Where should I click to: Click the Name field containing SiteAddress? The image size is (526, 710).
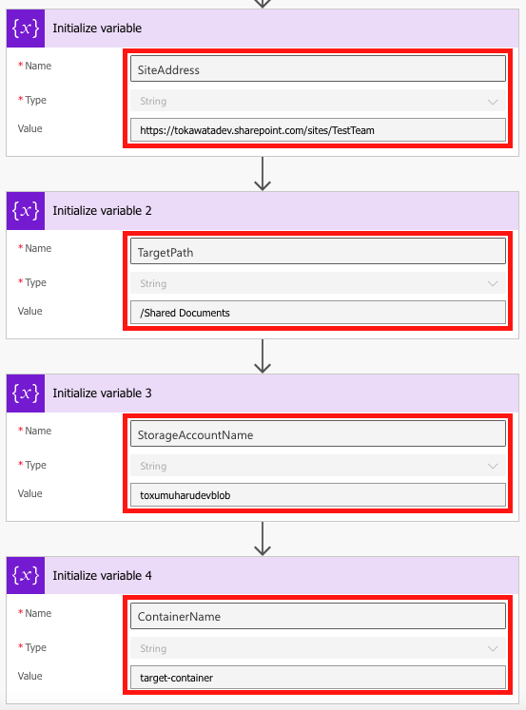[317, 69]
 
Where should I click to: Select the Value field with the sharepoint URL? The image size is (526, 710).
[317, 130]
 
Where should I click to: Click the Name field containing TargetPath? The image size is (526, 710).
[317, 252]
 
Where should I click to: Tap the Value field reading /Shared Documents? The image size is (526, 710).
[317, 313]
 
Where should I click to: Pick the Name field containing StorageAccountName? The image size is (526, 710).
[317, 434]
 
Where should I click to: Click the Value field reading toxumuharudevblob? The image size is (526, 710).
[317, 495]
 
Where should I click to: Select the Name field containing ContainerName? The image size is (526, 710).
[317, 617]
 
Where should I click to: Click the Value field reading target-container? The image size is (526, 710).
[317, 678]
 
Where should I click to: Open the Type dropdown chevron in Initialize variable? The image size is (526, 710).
[493, 101]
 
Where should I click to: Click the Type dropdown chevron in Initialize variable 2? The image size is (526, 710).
[493, 283]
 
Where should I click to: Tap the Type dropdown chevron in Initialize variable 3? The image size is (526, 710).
[493, 466]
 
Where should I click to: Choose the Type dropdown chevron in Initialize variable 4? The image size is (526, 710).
[493, 648]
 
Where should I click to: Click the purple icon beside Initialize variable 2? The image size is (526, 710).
[26, 210]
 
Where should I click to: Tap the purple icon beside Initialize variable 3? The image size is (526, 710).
[26, 393]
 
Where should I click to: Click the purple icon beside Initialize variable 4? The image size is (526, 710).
[26, 575]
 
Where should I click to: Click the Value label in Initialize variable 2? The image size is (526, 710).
[29, 311]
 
